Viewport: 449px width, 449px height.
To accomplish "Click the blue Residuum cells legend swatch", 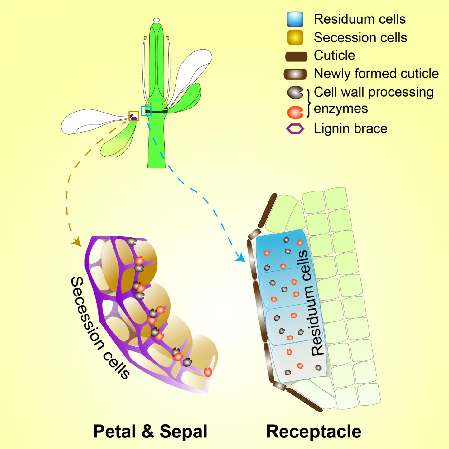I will (x=295, y=19).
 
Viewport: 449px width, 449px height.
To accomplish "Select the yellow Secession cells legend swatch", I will (x=295, y=38).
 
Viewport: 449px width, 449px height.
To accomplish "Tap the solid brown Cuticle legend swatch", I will (x=296, y=56).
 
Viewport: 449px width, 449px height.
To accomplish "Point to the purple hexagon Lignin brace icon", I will (x=295, y=129).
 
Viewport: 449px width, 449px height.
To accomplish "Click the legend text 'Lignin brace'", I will (x=350, y=128).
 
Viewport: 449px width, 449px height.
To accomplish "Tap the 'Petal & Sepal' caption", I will (x=150, y=432).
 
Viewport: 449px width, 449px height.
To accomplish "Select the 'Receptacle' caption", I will (x=314, y=432).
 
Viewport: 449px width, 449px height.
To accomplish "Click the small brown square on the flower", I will (x=134, y=116).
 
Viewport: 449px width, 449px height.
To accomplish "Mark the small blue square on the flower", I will (x=146, y=111).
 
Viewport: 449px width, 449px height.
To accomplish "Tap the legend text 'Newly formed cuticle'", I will (x=376, y=74).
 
